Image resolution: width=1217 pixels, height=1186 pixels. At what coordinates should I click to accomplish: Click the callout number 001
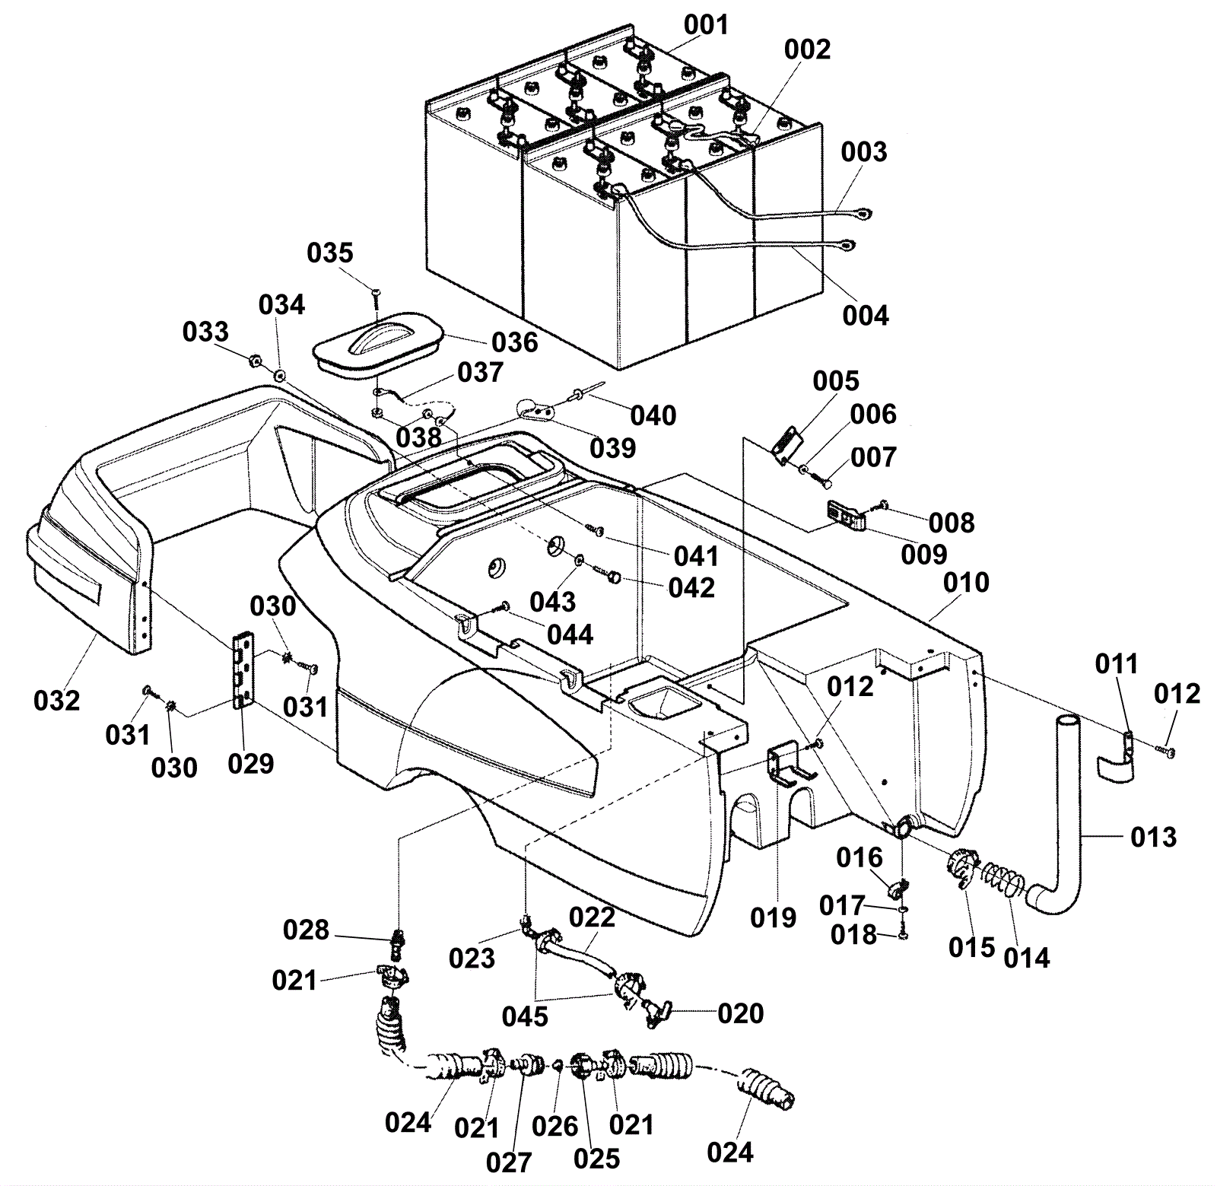(x=706, y=25)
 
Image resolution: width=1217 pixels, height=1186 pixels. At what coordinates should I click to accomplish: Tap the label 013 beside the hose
(x=1153, y=837)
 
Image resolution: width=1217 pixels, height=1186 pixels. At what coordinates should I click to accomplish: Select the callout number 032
(x=57, y=700)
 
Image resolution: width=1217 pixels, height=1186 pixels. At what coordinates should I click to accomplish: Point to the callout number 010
(x=966, y=583)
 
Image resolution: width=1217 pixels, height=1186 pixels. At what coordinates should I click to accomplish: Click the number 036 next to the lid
(x=515, y=342)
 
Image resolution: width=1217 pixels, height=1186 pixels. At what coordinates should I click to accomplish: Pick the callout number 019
(x=773, y=917)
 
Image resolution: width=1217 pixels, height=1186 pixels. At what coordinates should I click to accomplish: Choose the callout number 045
(x=525, y=1016)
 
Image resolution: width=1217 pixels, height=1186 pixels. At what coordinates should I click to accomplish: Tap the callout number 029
(x=250, y=763)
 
